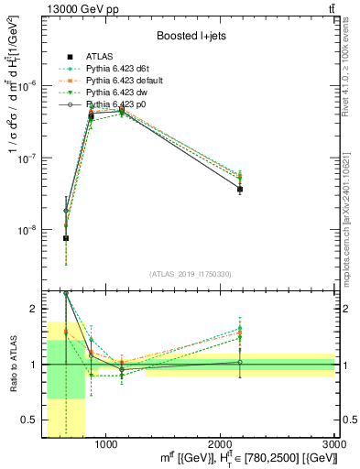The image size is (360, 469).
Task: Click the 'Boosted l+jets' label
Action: point(191,37)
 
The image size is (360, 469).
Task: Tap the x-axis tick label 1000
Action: point(106,444)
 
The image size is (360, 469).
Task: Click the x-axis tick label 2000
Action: point(221,444)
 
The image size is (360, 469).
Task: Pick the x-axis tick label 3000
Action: point(335,444)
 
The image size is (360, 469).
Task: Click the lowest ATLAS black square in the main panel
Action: point(66,238)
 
